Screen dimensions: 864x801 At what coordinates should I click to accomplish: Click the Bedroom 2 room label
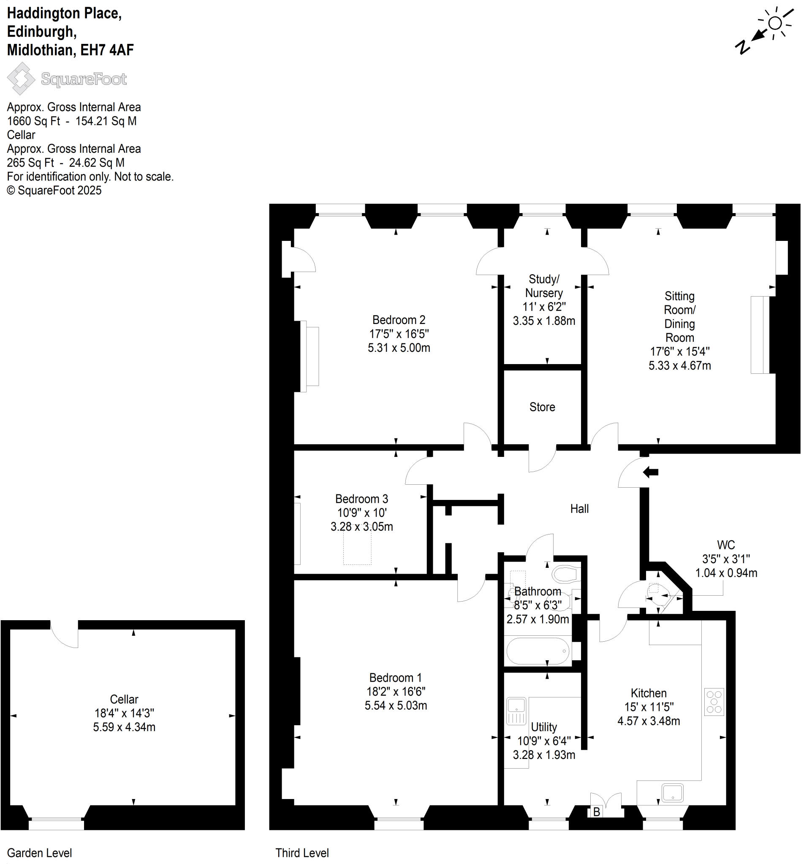[399, 320]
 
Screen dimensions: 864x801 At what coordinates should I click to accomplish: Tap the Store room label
[542, 407]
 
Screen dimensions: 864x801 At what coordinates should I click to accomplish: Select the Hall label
[579, 509]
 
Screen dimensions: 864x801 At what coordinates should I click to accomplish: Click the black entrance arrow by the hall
[650, 472]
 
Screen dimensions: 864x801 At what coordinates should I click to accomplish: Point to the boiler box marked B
[596, 812]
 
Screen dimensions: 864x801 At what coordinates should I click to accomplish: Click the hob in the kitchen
[714, 702]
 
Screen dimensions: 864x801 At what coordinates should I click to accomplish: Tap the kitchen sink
[672, 793]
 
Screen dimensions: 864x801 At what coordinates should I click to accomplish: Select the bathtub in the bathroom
[538, 651]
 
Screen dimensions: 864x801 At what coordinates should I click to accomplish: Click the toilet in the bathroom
[566, 574]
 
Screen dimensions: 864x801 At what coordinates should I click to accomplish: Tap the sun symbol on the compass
[775, 23]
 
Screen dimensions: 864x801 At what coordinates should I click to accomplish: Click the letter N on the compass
[742, 47]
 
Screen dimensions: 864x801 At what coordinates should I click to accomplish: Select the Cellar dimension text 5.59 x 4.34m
[124, 727]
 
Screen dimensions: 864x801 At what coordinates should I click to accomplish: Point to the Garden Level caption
[39, 853]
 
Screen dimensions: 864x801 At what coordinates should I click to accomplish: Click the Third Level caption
[302, 853]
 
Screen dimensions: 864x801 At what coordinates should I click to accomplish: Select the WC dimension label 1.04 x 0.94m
[726, 573]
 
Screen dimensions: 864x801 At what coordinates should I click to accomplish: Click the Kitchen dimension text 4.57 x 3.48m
[649, 721]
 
